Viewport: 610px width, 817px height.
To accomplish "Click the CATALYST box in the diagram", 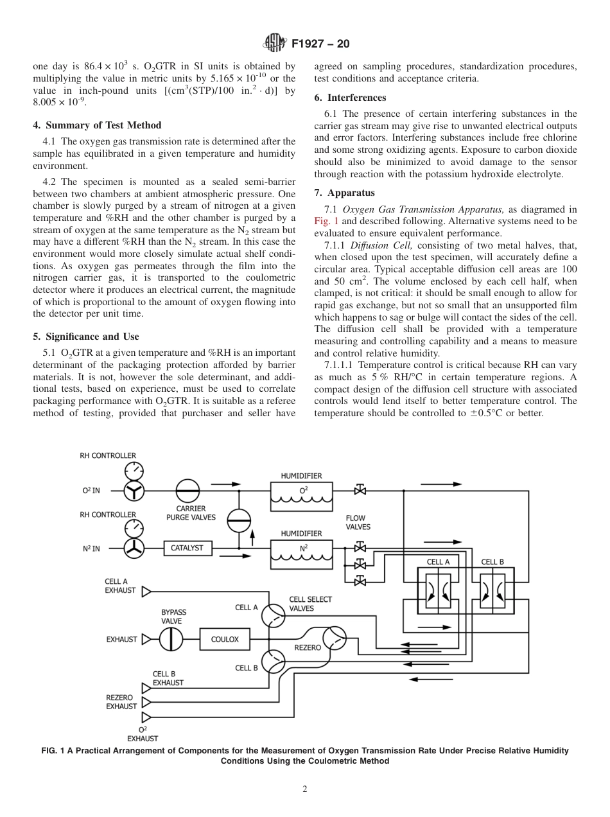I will click(x=187, y=548).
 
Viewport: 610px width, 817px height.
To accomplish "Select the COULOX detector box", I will click(x=225, y=639).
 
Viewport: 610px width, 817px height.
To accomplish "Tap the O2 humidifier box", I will click(x=301, y=495).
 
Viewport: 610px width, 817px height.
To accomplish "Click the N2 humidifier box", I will click(x=301, y=553).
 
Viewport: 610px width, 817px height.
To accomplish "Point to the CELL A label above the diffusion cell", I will click(x=438, y=562).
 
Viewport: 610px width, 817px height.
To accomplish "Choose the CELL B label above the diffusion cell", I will click(x=492, y=562).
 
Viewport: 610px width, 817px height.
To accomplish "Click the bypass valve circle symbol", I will click(x=171, y=639).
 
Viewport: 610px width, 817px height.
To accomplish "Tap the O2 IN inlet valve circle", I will click(x=134, y=491).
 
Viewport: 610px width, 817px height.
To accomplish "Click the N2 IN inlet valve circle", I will click(x=134, y=549).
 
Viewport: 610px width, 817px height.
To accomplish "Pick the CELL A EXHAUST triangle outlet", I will click(x=146, y=590).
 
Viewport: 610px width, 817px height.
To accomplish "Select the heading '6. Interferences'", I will click(x=350, y=98).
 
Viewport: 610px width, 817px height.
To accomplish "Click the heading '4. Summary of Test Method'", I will click(x=97, y=125).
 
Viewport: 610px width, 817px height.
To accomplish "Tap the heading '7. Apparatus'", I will click(x=345, y=193).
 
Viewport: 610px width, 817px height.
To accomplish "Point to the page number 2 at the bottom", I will click(x=305, y=789).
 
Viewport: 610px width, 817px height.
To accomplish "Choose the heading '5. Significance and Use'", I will click(x=86, y=337).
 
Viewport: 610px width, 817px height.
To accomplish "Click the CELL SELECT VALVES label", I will click(x=310, y=604).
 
